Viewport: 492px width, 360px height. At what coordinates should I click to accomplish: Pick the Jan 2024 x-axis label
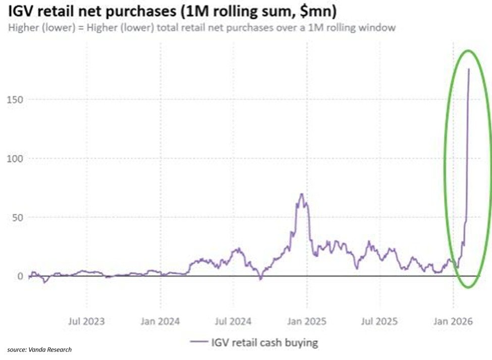[161, 321]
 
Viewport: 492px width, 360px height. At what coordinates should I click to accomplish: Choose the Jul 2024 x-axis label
[234, 321]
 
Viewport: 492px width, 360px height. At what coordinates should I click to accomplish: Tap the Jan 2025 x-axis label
[307, 321]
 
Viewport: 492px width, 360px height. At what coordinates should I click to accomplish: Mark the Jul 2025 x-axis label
[380, 321]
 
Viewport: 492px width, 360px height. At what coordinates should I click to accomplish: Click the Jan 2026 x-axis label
[453, 321]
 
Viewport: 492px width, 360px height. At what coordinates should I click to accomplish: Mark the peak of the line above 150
[469, 69]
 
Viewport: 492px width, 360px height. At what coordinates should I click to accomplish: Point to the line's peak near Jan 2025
[301, 194]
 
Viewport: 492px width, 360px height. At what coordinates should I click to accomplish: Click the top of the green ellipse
[468, 50]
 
